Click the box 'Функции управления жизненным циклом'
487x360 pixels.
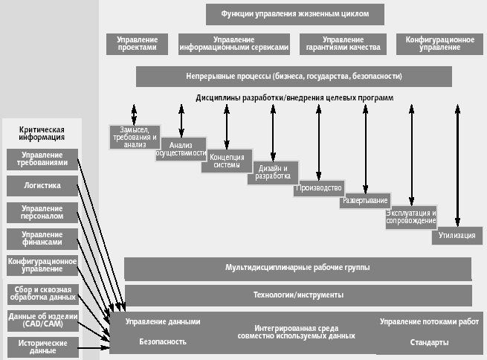[294, 13]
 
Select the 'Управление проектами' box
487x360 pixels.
[137, 43]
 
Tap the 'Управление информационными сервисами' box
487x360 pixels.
[233, 43]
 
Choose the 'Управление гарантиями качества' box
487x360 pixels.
[343, 43]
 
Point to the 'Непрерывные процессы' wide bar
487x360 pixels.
[294, 76]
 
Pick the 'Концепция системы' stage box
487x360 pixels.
[227, 161]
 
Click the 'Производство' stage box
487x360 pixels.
[319, 188]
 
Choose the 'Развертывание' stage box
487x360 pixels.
[365, 202]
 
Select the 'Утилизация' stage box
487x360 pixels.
[457, 235]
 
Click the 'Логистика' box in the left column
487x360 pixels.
[42, 185]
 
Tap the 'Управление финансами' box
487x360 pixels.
[42, 238]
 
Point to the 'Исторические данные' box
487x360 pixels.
[42, 346]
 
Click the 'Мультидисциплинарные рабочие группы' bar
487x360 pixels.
[297, 267]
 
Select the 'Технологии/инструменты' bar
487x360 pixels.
[297, 295]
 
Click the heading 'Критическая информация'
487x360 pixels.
[42, 133]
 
